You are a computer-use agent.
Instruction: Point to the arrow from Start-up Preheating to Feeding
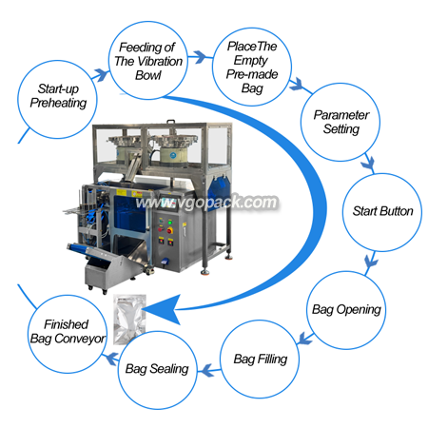[x=101, y=75]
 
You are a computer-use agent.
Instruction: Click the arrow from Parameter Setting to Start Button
[x=369, y=164]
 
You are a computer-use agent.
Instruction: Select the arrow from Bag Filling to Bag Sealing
[x=208, y=370]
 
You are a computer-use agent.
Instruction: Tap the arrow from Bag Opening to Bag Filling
[x=305, y=339]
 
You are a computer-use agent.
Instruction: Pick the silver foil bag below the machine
[x=129, y=318]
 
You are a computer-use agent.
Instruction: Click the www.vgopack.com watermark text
[x=206, y=203]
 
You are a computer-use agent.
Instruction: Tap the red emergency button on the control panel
[x=169, y=230]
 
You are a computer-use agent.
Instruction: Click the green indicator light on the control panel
[x=170, y=223]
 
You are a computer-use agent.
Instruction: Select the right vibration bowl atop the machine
[x=174, y=149]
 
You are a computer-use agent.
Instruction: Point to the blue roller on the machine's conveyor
[x=79, y=248]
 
